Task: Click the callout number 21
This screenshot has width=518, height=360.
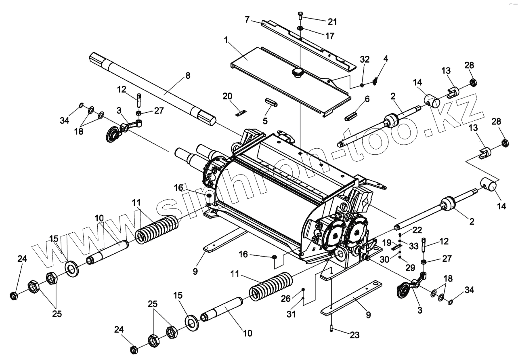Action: [x=332, y=21]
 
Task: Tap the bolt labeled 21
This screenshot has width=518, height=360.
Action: [x=300, y=16]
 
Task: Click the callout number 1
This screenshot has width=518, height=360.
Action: [x=226, y=40]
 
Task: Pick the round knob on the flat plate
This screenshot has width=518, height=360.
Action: [x=298, y=73]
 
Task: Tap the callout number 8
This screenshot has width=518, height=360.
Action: [x=187, y=76]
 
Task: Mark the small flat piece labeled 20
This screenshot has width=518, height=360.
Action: [x=241, y=113]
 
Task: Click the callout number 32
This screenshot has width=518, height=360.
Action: [x=365, y=59]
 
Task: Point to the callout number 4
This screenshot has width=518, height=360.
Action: [x=386, y=59]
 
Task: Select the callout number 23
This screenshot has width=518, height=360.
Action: [x=354, y=335]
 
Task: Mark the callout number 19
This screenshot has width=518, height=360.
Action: [x=387, y=242]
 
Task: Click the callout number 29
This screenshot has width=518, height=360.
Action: [x=410, y=267]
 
